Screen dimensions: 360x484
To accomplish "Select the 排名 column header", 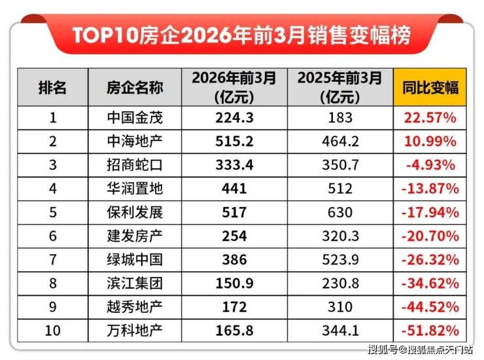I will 52,88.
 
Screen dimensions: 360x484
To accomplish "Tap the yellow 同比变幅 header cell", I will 429,88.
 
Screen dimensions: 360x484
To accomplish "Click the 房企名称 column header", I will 135,88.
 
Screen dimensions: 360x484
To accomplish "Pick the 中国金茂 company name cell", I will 135,118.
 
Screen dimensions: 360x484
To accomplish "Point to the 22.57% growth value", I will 430,118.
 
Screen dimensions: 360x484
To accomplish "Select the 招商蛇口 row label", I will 135,165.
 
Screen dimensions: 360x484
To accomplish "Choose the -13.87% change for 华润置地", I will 430,189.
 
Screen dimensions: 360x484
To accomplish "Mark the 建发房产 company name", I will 135,236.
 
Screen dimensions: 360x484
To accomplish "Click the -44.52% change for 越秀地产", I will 430,306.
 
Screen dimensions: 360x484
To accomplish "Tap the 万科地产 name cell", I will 135,330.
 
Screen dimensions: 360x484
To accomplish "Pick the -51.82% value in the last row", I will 430,330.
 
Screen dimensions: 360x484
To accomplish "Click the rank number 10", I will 52,330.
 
